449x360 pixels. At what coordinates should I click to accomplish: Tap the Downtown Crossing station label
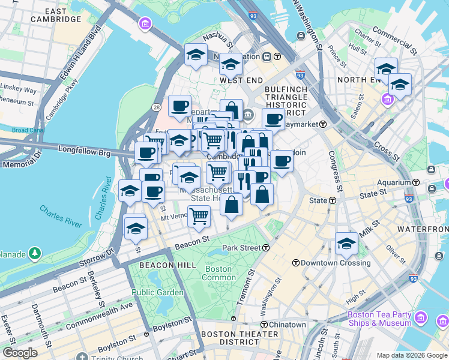tap(331, 263)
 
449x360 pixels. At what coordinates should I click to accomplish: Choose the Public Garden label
tap(157, 292)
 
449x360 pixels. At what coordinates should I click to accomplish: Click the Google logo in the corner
tap(20, 352)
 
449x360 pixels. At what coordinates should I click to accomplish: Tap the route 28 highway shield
tap(156, 107)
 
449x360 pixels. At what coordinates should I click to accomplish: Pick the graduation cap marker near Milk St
tap(346, 243)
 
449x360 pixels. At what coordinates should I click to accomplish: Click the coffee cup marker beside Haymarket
tap(273, 119)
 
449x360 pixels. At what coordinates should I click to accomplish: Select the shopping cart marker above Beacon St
tap(199, 216)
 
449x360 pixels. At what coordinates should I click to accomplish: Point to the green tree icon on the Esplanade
tap(35, 254)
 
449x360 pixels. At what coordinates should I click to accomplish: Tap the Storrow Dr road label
tap(97, 257)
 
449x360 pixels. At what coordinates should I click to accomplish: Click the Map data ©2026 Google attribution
tap(412, 355)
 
